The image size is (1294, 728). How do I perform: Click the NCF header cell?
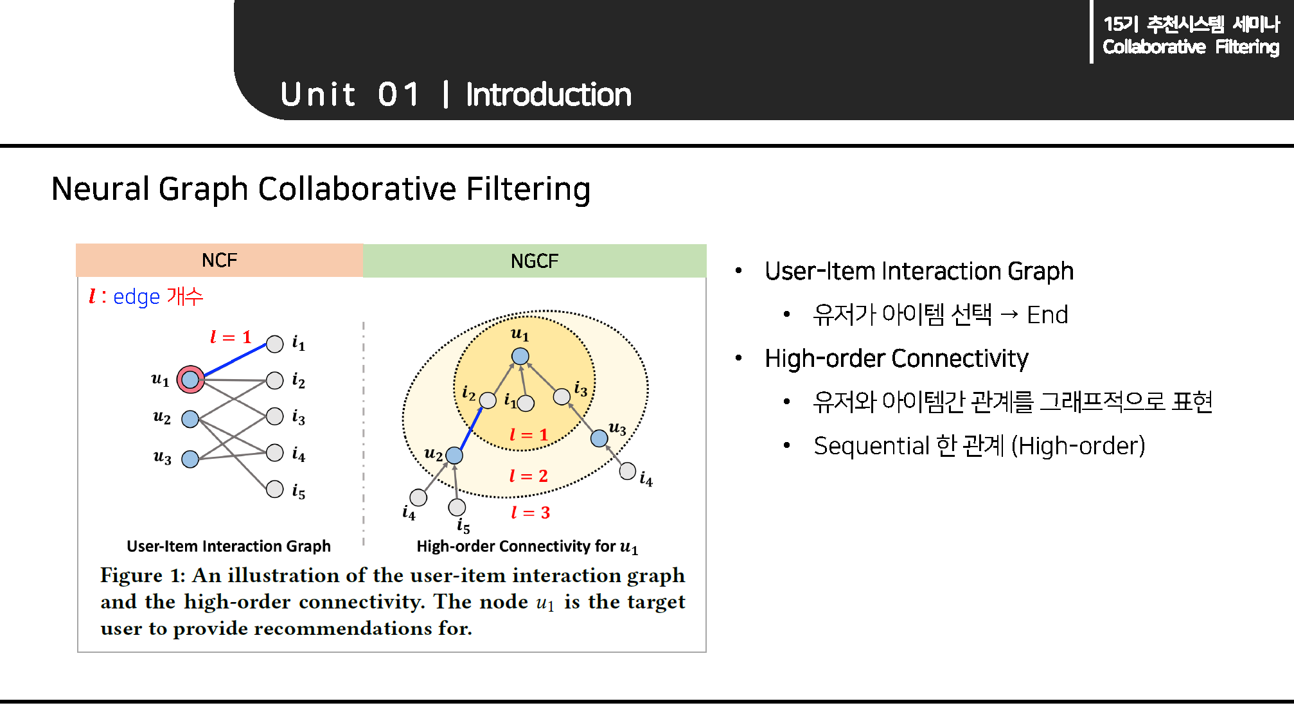click(x=219, y=260)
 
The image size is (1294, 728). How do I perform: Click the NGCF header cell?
click(x=534, y=261)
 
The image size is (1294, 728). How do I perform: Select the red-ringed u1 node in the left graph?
click(x=190, y=380)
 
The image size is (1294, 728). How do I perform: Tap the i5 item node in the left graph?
click(x=275, y=489)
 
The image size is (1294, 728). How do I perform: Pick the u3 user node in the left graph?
click(x=190, y=459)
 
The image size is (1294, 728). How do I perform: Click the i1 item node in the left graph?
click(x=275, y=344)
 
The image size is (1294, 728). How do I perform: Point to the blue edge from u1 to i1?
click(x=235, y=360)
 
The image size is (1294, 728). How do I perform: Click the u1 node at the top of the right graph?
click(x=520, y=356)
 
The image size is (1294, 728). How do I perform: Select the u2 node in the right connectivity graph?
click(x=454, y=456)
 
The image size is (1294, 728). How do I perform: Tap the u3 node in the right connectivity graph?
click(x=599, y=438)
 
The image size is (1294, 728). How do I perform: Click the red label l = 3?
click(x=530, y=513)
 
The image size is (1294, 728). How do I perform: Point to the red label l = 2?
click(x=528, y=476)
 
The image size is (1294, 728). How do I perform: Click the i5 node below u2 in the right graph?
click(x=457, y=507)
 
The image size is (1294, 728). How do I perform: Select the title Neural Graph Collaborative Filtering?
click(x=321, y=189)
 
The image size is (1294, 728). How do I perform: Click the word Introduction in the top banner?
click(x=548, y=95)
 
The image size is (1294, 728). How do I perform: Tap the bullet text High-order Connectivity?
click(x=896, y=359)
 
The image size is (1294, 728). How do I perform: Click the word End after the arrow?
click(x=1047, y=315)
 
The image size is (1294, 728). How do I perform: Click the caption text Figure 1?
click(x=143, y=575)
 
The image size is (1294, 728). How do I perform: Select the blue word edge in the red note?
click(x=136, y=297)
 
